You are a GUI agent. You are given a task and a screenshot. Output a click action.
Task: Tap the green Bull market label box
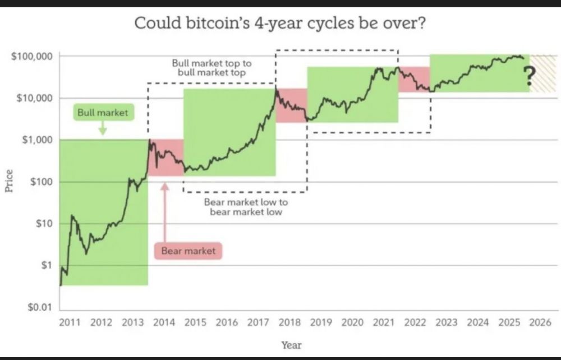pos(103,113)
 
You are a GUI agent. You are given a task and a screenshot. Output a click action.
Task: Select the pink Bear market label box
pos(188,251)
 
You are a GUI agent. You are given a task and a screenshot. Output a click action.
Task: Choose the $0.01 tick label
pos(39,307)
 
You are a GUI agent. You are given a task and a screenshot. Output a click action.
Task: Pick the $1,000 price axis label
pos(36,140)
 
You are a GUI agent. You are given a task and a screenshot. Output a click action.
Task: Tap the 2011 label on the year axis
pos(70,322)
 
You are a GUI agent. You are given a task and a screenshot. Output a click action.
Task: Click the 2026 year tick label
pos(540,322)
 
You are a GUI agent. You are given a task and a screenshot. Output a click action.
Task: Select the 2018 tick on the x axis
pos(289,322)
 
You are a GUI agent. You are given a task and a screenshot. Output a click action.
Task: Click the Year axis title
pos(291,345)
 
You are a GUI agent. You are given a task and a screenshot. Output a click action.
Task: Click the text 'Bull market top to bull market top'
pos(211,68)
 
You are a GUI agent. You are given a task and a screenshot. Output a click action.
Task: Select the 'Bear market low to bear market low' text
pos(246,207)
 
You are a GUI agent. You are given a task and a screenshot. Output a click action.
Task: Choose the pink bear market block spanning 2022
pos(414,79)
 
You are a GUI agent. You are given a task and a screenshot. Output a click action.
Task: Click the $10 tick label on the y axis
pos(43,224)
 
